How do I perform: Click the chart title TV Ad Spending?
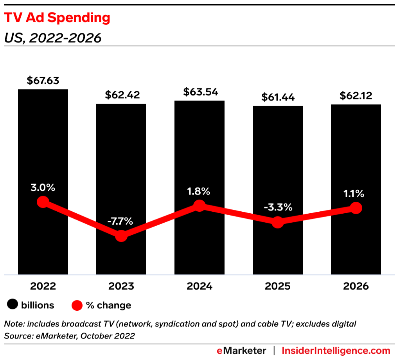[x=57, y=18]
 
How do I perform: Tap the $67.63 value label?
[x=43, y=81]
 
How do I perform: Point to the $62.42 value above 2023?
[x=121, y=95]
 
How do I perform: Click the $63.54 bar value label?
[x=199, y=92]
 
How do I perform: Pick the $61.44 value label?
[x=278, y=97]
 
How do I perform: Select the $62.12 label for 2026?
[x=356, y=96]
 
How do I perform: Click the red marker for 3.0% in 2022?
[x=43, y=202]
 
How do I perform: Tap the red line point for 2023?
[x=121, y=236]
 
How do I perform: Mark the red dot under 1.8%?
[x=199, y=206]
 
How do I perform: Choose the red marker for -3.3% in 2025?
[x=278, y=222]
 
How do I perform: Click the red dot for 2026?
[x=356, y=208]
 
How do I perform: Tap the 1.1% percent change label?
[x=354, y=193]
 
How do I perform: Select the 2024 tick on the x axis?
[x=199, y=286]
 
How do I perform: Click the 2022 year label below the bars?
[x=43, y=286]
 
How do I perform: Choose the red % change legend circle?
[x=77, y=305]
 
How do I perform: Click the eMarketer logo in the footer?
[x=241, y=351]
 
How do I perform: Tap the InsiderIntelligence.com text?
[x=336, y=351]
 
